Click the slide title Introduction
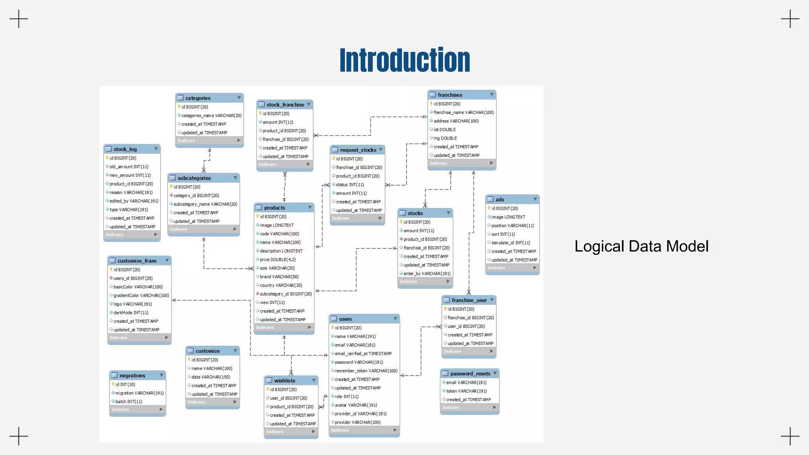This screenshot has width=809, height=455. point(404,60)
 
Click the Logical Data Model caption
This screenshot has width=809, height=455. point(641,246)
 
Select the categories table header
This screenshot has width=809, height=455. point(198,98)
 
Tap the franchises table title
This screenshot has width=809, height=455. point(450,95)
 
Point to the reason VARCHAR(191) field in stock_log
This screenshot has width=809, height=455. point(131,192)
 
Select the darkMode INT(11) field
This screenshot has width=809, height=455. point(131,312)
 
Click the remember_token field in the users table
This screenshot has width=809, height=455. point(366,371)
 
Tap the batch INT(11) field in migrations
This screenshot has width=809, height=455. point(128,402)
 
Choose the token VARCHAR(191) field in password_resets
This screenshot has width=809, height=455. point(466,391)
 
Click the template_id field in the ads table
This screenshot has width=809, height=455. point(510,243)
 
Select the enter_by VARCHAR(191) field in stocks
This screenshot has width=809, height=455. point(427,274)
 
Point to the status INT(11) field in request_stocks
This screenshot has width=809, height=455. point(350,184)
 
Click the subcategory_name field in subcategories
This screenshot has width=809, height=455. point(205,204)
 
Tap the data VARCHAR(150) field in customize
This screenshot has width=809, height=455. point(211,377)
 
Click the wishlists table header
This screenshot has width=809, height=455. point(285,380)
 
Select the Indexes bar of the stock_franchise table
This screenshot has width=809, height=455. point(284,164)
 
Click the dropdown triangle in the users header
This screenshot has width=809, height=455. point(395,319)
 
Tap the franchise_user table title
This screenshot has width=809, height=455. point(469,300)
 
